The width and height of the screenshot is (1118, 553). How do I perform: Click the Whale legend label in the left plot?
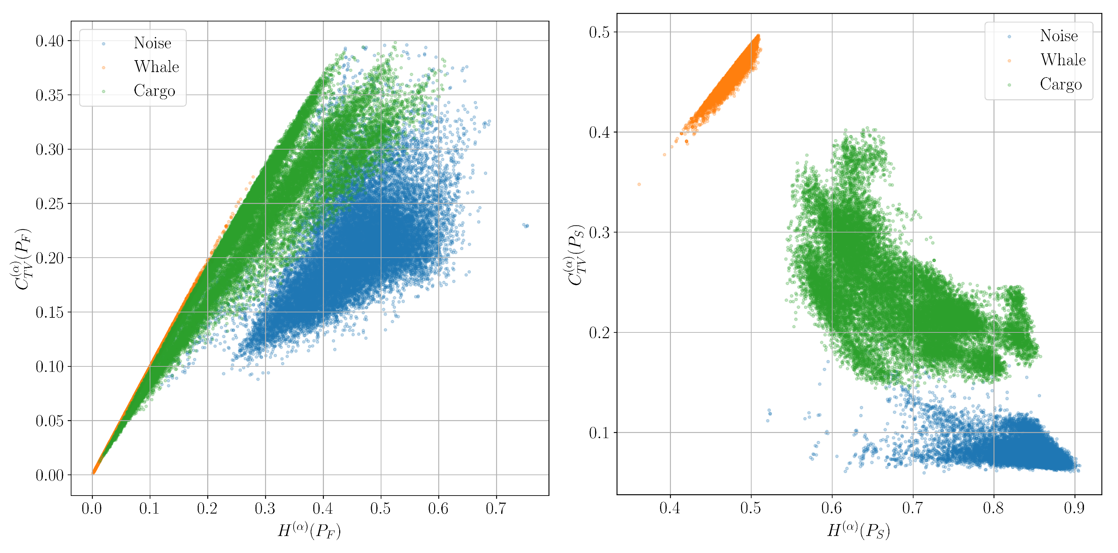tap(156, 67)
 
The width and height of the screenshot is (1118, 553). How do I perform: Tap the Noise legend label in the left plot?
tap(152, 43)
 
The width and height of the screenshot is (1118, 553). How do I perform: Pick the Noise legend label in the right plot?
tap(1058, 36)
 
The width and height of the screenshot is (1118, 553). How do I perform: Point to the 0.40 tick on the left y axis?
tap(49, 41)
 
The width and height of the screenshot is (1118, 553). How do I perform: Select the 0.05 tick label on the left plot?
tap(49, 421)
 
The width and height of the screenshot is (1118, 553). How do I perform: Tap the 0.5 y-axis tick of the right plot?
tap(599, 32)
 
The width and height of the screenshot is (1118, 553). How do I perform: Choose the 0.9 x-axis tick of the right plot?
tap(1074, 507)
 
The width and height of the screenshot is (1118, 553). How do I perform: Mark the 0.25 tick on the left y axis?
tap(49, 204)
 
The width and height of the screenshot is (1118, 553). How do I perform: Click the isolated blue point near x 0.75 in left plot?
tap(526, 226)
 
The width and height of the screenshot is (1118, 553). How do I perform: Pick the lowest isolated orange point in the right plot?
tap(639, 184)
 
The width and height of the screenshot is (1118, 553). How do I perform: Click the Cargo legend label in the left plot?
tap(154, 91)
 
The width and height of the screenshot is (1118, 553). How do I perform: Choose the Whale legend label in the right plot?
tap(1063, 60)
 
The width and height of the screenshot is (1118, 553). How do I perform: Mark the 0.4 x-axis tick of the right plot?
tap(670, 507)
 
